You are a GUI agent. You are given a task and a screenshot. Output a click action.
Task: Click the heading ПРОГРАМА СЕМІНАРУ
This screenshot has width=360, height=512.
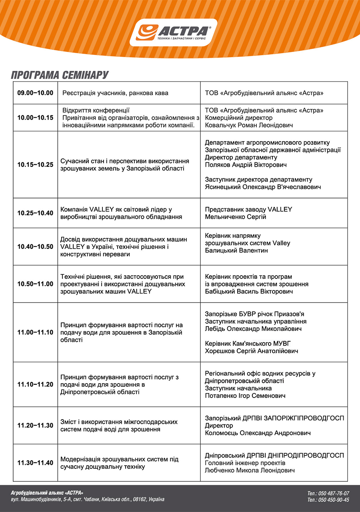click(60, 75)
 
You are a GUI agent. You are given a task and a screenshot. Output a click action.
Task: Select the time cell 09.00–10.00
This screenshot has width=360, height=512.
click(35, 93)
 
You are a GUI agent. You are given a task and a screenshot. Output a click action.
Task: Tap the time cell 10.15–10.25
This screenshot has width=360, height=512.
click(35, 164)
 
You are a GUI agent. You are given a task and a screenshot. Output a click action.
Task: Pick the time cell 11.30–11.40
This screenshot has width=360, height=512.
click(35, 463)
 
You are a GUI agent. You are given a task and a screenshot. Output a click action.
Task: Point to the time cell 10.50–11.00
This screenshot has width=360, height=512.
click(35, 284)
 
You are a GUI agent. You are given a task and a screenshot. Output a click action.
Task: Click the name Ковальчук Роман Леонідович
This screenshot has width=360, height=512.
click(249, 125)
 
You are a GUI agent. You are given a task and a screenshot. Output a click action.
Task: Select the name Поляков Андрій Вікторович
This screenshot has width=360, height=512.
click(246, 164)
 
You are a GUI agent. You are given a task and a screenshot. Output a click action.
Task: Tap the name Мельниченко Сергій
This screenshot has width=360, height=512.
click(236, 217)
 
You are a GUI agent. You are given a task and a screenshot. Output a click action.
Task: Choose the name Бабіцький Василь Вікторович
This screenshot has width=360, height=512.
click(249, 292)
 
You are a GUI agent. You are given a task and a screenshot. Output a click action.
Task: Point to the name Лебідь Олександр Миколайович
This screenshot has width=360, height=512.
click(253, 329)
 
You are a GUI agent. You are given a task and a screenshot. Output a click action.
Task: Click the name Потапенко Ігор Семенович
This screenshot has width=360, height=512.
click(245, 396)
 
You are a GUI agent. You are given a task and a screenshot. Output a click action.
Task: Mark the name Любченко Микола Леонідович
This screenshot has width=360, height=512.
click(250, 470)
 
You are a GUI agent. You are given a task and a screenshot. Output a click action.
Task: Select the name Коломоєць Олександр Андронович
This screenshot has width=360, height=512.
click(258, 433)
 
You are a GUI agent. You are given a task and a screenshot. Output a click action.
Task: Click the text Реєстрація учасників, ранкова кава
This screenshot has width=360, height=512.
click(115, 93)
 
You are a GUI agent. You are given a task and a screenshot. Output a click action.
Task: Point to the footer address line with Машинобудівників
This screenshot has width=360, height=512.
click(88, 499)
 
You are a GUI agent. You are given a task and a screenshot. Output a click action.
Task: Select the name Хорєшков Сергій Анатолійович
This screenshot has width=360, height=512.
click(251, 351)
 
